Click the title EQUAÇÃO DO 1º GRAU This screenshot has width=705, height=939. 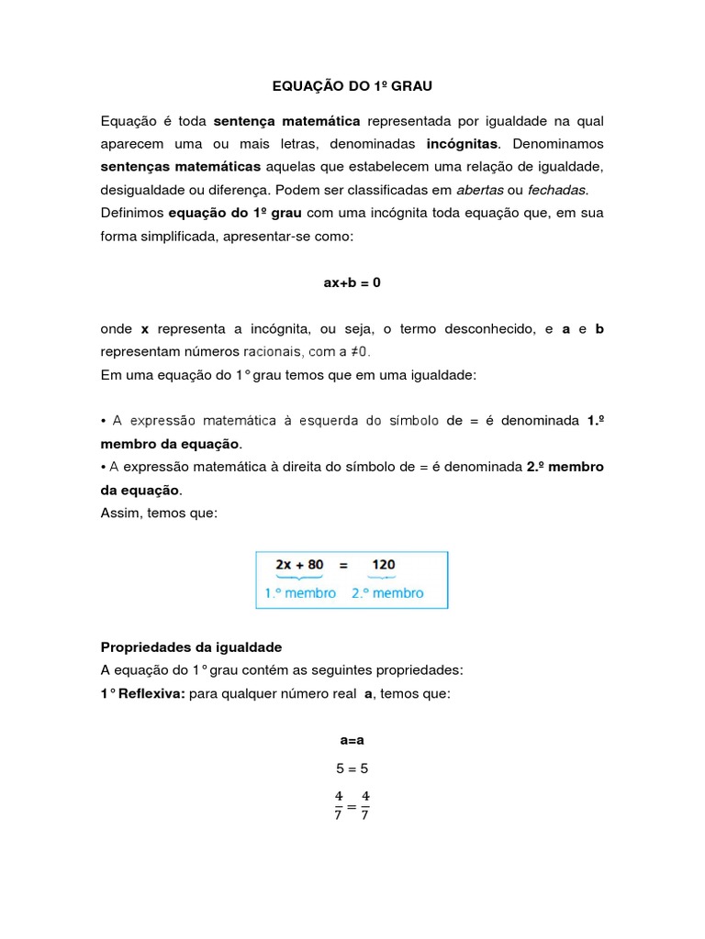click(x=352, y=86)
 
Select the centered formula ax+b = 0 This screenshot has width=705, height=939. click(x=352, y=283)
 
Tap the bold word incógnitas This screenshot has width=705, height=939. click(x=463, y=144)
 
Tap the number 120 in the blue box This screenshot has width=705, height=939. click(x=384, y=565)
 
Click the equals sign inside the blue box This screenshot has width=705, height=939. click(x=343, y=565)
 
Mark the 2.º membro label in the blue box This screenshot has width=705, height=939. click(x=387, y=593)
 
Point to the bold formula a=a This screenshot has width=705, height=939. click(x=352, y=739)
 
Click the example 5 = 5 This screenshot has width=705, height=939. click(x=352, y=769)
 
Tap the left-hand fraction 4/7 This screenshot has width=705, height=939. click(x=338, y=805)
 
